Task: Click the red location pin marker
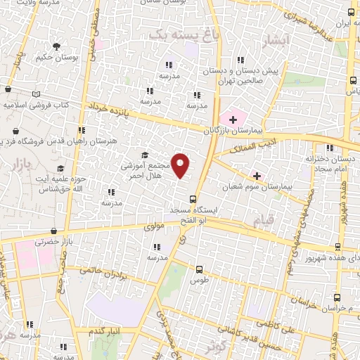(x=181, y=165)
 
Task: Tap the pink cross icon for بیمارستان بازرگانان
(x=233, y=120)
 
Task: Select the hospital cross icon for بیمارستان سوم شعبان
(x=257, y=175)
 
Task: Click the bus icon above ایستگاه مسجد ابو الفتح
(x=193, y=199)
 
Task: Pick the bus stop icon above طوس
(x=200, y=269)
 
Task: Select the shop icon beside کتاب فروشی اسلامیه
(x=8, y=89)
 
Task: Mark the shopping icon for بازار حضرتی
(x=54, y=231)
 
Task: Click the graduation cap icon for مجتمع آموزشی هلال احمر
(x=145, y=155)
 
